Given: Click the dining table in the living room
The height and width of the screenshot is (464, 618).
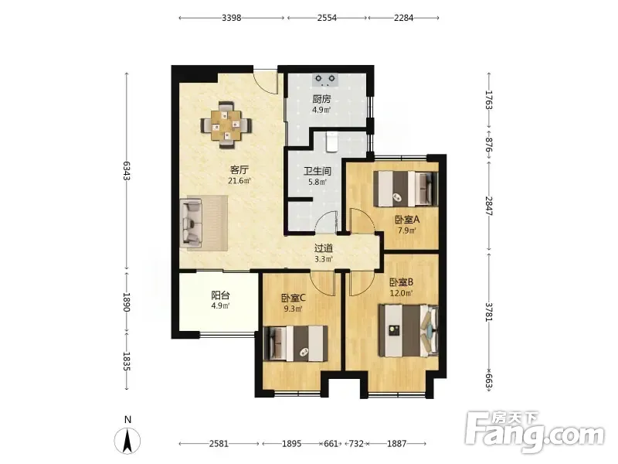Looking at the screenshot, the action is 226,125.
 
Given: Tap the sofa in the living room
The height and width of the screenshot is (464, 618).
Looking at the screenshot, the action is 192,223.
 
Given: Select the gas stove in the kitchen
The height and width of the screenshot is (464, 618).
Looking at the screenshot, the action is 325,80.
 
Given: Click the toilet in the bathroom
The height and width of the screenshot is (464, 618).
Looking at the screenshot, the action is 331,142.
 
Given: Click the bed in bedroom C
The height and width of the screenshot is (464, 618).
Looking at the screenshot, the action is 295,343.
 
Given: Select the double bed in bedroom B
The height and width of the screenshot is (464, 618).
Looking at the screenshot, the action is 409,331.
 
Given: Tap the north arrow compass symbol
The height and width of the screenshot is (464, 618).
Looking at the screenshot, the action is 127,440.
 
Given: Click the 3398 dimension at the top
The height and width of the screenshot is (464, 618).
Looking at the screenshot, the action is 231,18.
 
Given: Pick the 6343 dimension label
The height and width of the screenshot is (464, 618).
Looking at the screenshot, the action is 127,170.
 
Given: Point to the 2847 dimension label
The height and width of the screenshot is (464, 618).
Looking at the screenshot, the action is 489,206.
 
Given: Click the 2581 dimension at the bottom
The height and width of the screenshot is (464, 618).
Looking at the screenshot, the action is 219,443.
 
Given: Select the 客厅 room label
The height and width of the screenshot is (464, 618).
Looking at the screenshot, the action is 239,170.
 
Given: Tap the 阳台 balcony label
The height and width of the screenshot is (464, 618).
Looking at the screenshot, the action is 220,295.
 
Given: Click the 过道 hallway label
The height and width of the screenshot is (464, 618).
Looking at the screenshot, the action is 324,248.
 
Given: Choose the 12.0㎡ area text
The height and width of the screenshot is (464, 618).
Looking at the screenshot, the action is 401,293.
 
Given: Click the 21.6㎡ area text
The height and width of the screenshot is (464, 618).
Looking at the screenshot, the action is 239,181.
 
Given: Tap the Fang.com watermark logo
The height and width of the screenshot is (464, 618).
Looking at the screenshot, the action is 535,432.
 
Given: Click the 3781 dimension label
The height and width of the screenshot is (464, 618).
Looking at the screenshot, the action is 489,312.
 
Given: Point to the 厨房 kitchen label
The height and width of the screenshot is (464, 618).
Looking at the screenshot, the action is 321,99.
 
